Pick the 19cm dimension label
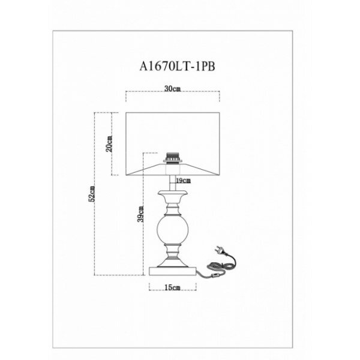(x=183, y=180)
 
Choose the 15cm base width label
(x=172, y=288)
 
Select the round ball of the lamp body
(x=172, y=229)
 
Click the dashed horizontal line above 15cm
(x=172, y=281)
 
